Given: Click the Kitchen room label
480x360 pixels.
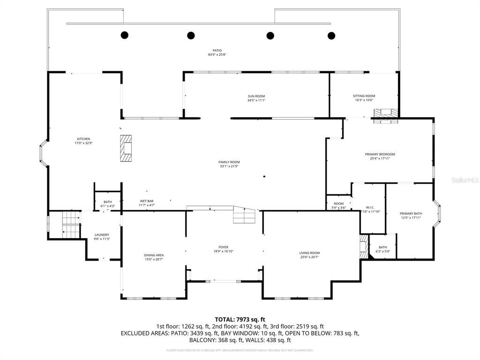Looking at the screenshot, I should (x=83, y=139).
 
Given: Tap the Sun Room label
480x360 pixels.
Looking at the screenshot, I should (x=256, y=96).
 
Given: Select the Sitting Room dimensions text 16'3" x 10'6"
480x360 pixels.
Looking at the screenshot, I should (x=364, y=100).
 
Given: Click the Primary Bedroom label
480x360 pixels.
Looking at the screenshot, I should (x=380, y=154).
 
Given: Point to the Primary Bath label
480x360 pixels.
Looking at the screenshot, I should (x=411, y=213).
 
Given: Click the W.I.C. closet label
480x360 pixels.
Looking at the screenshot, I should (x=369, y=207).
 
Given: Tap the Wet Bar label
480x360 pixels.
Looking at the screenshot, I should (x=147, y=201).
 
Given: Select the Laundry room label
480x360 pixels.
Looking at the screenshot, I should (x=102, y=235).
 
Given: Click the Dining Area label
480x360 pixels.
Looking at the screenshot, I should (x=154, y=255).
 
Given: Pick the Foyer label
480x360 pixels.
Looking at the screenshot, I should (x=224, y=247).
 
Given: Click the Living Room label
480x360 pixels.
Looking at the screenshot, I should (x=309, y=253).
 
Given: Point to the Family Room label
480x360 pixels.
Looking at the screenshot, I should (x=229, y=162).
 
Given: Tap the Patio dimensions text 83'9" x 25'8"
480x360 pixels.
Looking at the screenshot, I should (x=217, y=55).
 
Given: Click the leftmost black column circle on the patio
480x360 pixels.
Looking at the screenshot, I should (x=125, y=35).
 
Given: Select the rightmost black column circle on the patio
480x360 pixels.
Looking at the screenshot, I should (x=331, y=35).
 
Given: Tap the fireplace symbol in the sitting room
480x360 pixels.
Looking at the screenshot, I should (x=385, y=113).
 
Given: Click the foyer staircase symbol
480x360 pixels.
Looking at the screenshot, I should (x=245, y=215).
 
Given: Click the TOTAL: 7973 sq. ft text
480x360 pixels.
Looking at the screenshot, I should (x=240, y=319).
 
